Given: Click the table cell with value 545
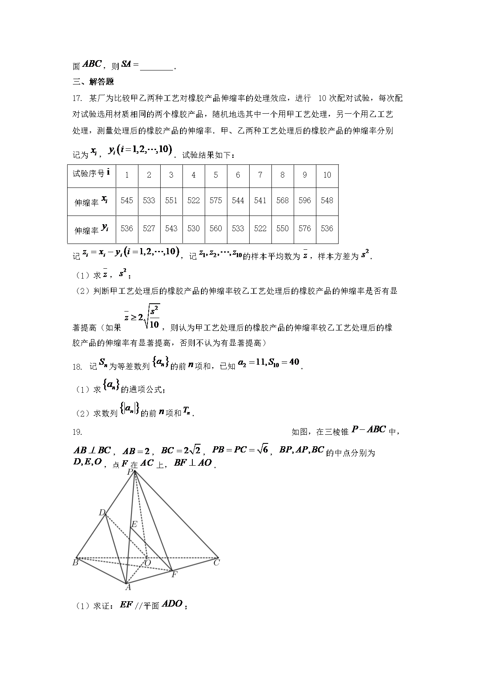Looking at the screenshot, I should pos(127,200).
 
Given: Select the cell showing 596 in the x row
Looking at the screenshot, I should pos(305,200).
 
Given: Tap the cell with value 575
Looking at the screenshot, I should pos(216,200).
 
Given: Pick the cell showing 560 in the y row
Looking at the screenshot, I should pos(216,228).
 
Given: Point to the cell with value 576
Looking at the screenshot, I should pos(305,228).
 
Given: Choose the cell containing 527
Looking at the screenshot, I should pos(149,228).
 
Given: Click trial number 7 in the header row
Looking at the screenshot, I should pos(260,175).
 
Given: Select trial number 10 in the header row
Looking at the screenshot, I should pos(327,175).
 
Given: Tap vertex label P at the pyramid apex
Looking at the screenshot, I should pos(130,472).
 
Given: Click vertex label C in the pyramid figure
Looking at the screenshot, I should pos(216,562).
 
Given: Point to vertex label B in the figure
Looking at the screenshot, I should pos(75,562).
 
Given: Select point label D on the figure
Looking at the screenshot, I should pos(102,513).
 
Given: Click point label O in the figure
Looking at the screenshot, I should pos(147,562).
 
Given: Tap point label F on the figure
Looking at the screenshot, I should pos(174,574).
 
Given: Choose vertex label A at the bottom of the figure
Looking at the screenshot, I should pos(128,587).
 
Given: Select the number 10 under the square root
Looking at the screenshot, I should pos(154,324).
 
